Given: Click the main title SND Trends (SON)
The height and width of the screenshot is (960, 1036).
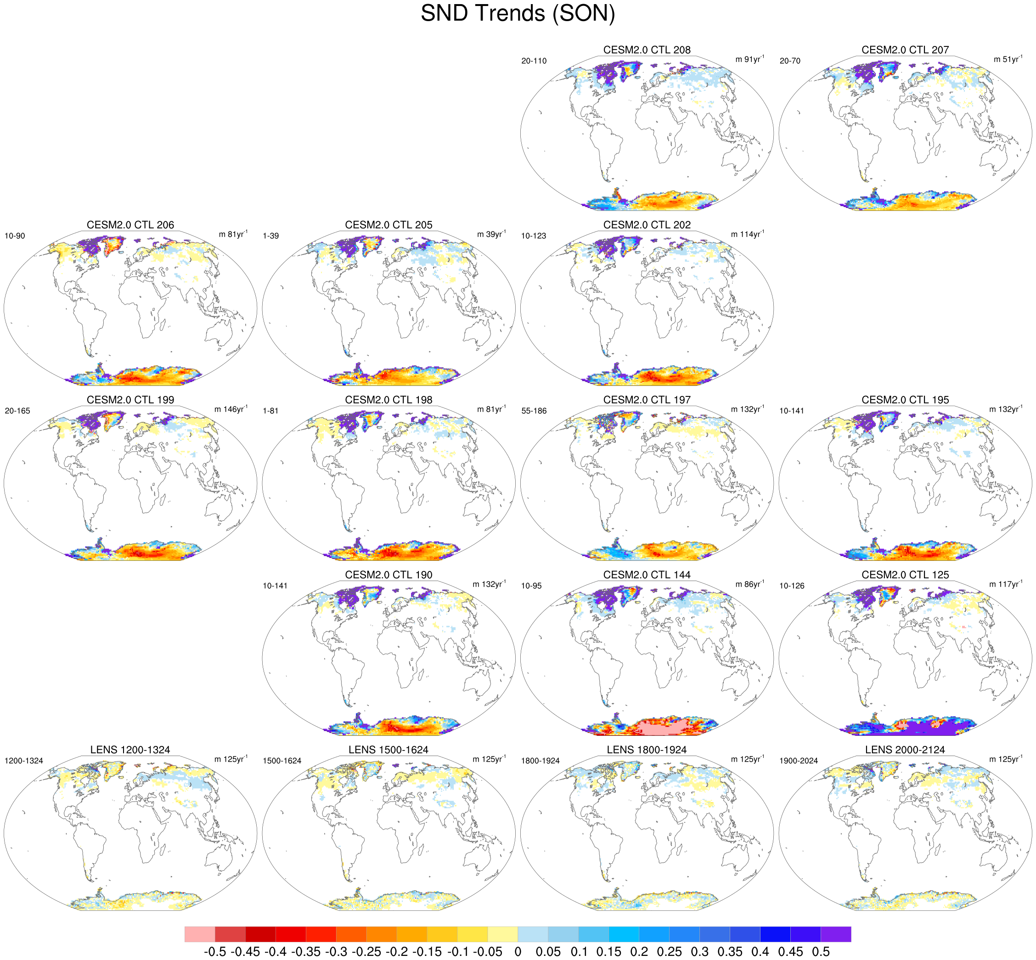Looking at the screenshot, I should (x=518, y=13).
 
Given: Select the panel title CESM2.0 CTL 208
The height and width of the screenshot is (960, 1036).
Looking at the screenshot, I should (x=647, y=50).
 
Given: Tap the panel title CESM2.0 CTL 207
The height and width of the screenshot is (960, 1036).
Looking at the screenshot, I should (x=905, y=50).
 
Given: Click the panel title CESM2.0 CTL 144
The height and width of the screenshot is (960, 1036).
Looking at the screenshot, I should (x=647, y=575).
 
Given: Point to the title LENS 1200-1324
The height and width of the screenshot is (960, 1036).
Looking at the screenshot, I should (x=130, y=750).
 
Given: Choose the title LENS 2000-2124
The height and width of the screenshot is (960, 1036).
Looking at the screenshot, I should (x=905, y=750).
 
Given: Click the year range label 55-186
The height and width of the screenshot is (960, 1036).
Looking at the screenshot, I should (x=533, y=412).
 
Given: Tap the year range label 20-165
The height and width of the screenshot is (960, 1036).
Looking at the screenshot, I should (x=17, y=412).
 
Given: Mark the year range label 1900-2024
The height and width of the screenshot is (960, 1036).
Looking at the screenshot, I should (x=798, y=762).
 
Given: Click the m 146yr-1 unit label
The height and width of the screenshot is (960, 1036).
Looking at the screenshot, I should (x=231, y=409).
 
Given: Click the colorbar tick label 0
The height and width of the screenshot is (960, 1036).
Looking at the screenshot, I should (x=518, y=952).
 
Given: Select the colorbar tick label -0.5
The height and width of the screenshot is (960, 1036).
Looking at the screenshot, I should (x=214, y=952).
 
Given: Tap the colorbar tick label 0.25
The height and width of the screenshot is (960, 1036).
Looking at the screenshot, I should (x=670, y=952).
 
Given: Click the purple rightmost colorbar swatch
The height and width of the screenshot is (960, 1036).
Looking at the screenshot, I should (x=836, y=934).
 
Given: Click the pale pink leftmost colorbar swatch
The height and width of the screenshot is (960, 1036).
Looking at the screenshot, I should (x=199, y=934).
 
